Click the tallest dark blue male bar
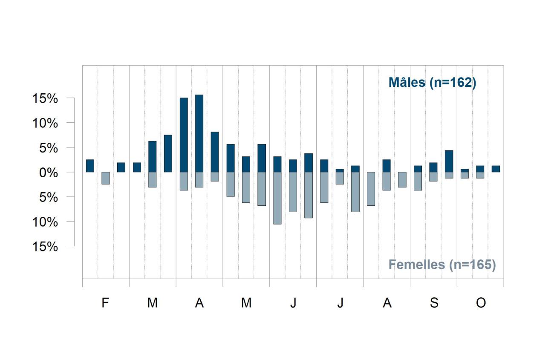(199, 133)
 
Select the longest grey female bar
(277, 198)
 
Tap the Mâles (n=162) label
(432, 83)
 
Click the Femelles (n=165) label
(442, 265)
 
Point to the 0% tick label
(49, 173)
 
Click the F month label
(105, 302)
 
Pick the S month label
(434, 302)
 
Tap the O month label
(481, 302)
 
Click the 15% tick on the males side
(45, 98)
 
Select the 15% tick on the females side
(45, 247)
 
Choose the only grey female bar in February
(106, 178)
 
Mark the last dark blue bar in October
(496, 169)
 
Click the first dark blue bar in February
(90, 166)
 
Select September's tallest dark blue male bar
(449, 161)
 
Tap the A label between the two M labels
(199, 302)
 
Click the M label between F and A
(153, 302)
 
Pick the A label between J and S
(387, 302)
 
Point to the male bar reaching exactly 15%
(184, 135)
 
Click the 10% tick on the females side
(45, 222)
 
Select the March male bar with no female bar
(168, 153)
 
